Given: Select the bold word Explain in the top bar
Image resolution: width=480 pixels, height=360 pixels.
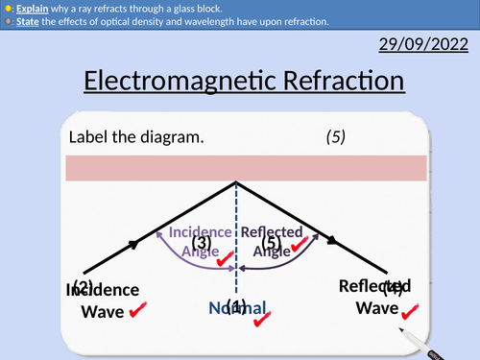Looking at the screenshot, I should (x=32, y=5).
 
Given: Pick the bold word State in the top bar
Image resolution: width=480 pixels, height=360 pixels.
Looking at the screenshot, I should (x=29, y=18).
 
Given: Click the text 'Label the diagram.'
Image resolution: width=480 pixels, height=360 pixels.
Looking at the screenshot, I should (x=136, y=136).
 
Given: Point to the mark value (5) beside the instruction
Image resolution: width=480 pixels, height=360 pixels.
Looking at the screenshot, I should (x=336, y=136).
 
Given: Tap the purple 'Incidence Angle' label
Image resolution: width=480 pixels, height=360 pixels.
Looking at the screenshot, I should (x=199, y=241).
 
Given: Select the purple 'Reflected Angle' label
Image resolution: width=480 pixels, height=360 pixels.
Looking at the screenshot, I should (x=272, y=241).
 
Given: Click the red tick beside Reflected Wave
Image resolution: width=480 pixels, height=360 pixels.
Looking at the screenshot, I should (x=412, y=309).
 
